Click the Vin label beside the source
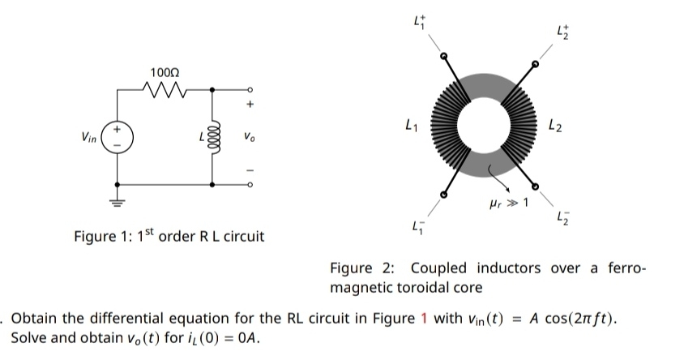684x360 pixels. [88, 139]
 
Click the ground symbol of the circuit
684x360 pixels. [118, 204]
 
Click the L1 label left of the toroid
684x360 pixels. [411, 126]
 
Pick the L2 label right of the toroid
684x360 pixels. [553, 126]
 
